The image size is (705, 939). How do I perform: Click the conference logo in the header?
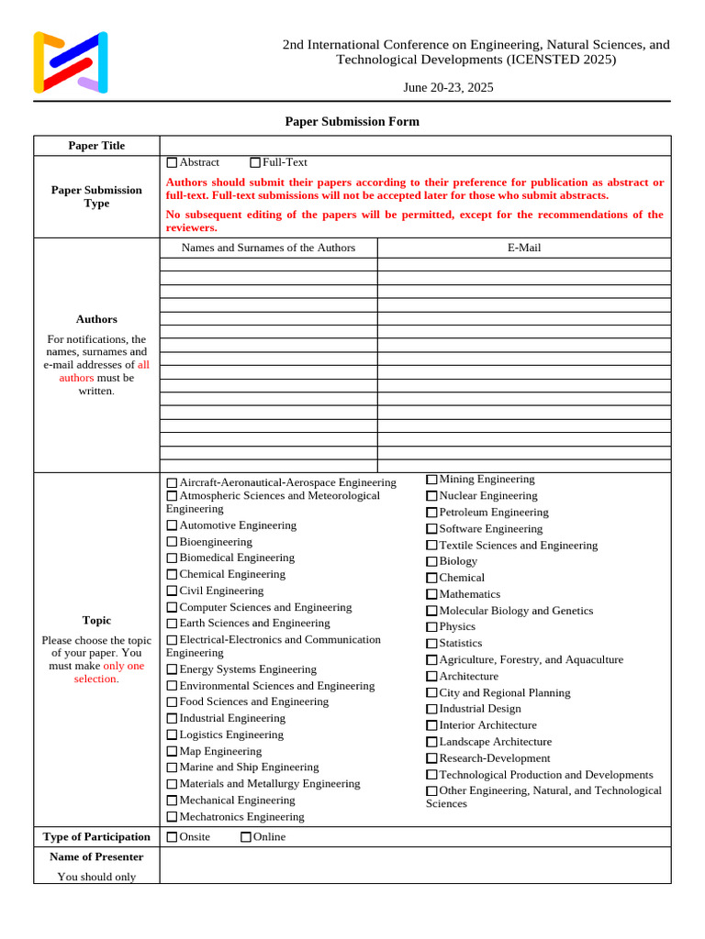tap(71, 62)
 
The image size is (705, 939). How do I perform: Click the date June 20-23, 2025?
tap(448, 87)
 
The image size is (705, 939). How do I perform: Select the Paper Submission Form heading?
tap(352, 121)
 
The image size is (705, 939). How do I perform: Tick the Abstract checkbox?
tap(172, 162)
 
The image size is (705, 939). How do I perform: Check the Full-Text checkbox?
tap(255, 162)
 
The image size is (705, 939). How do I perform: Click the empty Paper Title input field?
tap(415, 146)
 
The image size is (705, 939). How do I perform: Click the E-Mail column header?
tap(523, 248)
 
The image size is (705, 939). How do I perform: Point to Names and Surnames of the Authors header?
tap(268, 248)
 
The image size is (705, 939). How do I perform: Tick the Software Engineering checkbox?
tap(431, 529)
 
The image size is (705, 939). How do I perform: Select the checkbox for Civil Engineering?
tap(172, 591)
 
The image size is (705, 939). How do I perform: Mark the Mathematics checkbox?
tap(431, 595)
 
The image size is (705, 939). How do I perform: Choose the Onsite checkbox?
tap(172, 837)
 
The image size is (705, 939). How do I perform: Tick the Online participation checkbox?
tap(246, 837)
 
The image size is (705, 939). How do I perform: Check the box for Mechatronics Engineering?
tap(172, 817)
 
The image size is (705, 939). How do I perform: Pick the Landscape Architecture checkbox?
tap(431, 742)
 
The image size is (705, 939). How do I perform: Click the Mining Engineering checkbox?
tap(431, 480)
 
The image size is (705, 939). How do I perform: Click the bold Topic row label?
tap(96, 621)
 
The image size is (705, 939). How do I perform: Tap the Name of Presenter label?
tap(96, 856)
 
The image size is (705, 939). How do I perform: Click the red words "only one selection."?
tap(97, 672)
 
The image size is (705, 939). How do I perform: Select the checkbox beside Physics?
tap(431, 627)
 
